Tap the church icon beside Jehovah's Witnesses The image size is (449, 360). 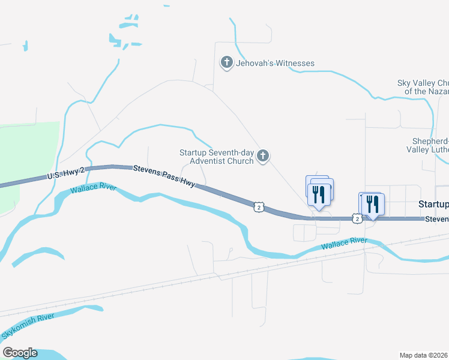[x=227, y=62]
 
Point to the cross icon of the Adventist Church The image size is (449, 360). [x=262, y=157]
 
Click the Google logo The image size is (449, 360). [x=20, y=353]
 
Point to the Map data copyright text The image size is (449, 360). [x=424, y=355]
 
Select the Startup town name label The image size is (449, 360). [x=433, y=204]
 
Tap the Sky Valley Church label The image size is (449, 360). [x=423, y=87]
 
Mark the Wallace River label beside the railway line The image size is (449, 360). [x=343, y=244]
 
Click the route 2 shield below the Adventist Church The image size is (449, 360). [x=258, y=207]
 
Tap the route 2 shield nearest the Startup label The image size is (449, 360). [x=357, y=219]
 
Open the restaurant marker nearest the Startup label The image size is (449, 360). [x=373, y=205]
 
